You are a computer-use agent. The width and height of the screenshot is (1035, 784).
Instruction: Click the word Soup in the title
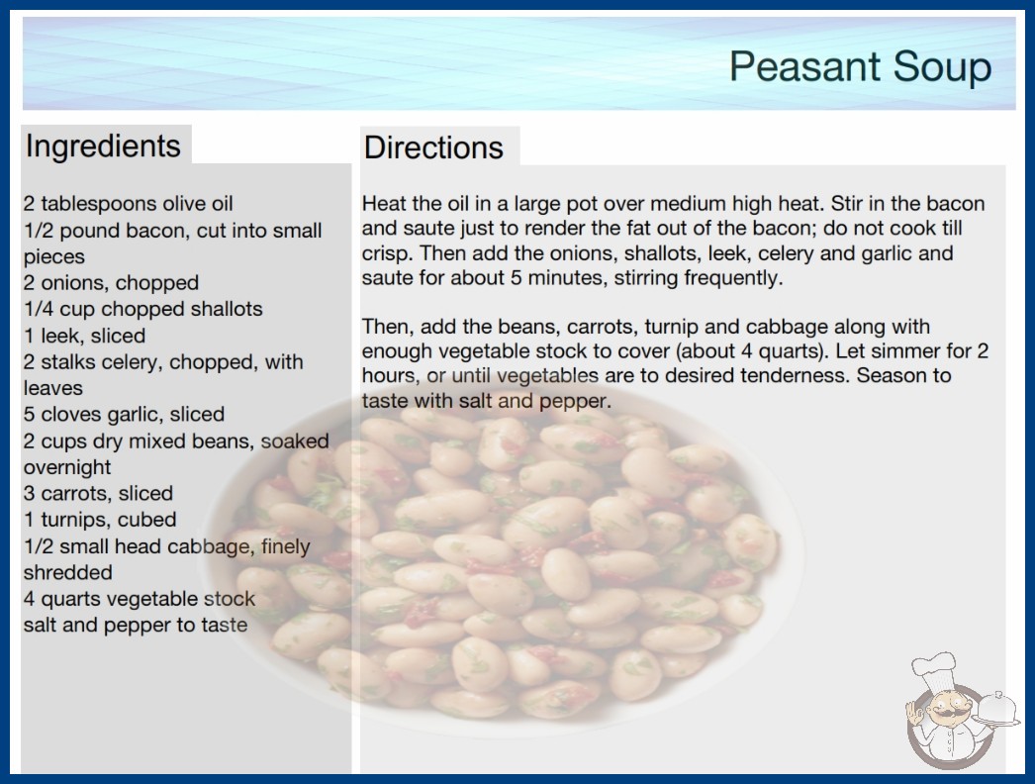943,66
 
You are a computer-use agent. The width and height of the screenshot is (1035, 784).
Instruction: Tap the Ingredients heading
103,146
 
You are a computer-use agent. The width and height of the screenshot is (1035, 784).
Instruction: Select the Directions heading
433,147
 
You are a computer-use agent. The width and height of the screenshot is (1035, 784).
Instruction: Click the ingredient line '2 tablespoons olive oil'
128,204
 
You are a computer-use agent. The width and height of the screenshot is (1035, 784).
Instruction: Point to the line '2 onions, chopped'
111,283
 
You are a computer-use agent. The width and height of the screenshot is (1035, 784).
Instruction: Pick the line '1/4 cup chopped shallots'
142,309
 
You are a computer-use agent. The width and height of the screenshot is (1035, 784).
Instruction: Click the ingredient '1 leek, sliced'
84,336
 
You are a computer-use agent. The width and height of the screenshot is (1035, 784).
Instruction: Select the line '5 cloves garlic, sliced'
124,414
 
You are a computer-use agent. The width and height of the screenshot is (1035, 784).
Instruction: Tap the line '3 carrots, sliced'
98,493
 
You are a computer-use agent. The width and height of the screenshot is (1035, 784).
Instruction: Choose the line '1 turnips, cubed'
100,520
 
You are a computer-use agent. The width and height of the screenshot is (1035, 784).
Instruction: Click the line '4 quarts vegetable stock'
140,599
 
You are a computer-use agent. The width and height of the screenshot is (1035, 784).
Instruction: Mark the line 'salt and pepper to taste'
136,625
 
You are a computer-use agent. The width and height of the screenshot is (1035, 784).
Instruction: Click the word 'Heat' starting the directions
384,204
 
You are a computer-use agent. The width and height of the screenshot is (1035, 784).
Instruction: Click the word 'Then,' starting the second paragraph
388,327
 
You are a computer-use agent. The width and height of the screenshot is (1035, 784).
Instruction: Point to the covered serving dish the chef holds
997,709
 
